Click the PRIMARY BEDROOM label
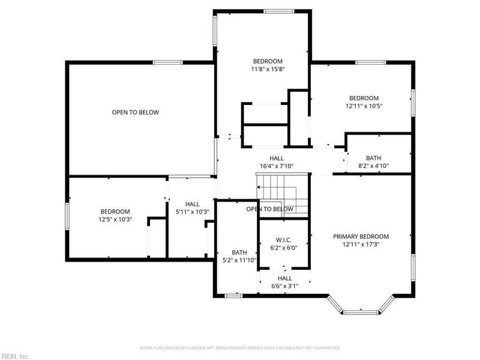361,236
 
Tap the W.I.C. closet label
284,240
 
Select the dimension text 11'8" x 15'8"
268,69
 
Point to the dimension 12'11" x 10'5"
364,106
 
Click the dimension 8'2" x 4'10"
373,166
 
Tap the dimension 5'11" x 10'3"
192,212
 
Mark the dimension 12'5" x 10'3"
115,220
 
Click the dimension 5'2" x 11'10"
239,260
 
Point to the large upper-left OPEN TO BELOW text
136,112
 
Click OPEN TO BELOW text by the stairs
269,209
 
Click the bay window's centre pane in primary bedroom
361,312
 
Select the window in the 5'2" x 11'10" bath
233,296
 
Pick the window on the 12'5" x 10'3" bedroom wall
67,217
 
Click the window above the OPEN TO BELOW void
168,62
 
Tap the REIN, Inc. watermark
14,356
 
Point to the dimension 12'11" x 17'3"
361,245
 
